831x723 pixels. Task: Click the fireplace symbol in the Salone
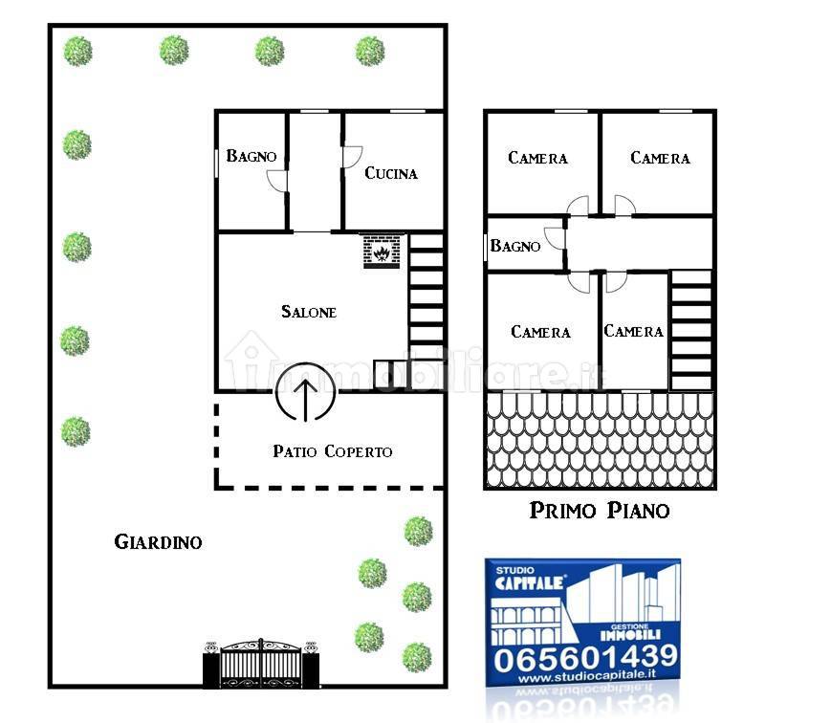tap(382, 252)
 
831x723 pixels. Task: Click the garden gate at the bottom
tap(261, 663)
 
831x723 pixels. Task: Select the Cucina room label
tap(391, 173)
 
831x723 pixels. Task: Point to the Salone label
tap(309, 311)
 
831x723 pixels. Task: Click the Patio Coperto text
tap(332, 451)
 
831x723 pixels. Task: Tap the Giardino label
tap(159, 541)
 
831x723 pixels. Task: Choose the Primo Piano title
tap(600, 510)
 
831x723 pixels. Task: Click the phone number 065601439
tap(585, 658)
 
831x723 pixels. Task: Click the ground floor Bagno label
tap(251, 156)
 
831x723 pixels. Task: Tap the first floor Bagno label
tap(515, 246)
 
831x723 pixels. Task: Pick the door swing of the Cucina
tap(353, 157)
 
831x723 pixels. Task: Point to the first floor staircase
tap(690, 330)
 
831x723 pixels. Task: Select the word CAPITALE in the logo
tap(529, 583)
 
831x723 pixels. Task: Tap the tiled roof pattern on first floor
tap(600, 440)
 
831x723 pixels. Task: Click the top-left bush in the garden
tap(77, 52)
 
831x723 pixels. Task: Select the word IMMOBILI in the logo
tap(630, 634)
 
